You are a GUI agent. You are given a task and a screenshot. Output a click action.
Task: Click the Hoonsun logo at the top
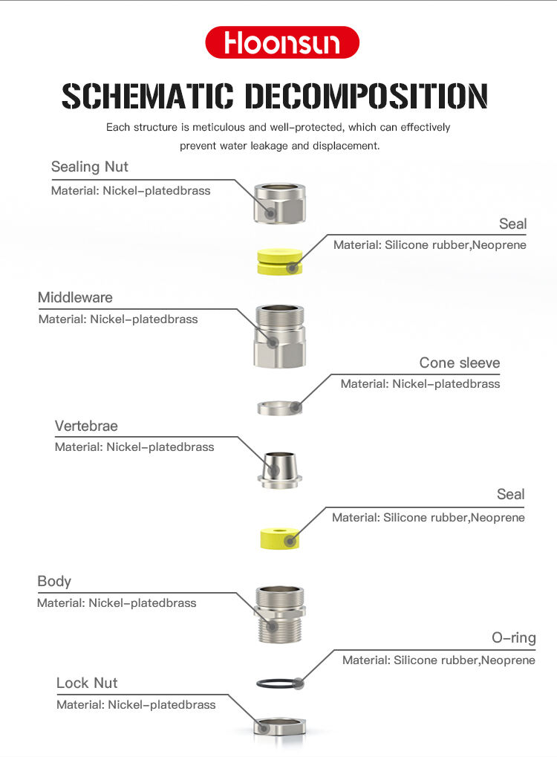(281, 43)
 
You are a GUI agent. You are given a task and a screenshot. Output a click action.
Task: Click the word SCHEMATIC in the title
(146, 97)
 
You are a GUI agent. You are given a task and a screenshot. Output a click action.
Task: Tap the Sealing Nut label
(89, 166)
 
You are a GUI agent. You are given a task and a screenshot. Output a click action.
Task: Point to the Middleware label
(75, 297)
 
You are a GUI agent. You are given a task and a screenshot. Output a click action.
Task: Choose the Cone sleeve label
(459, 363)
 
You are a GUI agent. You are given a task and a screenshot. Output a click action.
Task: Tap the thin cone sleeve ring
(279, 407)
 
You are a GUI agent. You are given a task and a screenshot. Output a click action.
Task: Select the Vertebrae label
(86, 426)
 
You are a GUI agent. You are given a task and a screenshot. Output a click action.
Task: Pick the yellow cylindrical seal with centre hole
(279, 536)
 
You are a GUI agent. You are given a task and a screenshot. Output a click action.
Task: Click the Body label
(54, 581)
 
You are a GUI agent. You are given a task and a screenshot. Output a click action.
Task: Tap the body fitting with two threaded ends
(279, 614)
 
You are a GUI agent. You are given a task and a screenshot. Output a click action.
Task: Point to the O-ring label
(513, 637)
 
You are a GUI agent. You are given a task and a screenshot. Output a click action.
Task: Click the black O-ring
(279, 683)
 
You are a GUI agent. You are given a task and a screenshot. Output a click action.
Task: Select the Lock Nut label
(87, 683)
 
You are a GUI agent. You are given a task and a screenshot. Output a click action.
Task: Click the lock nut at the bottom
(279, 725)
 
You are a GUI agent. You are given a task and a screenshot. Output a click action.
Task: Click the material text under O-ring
(438, 660)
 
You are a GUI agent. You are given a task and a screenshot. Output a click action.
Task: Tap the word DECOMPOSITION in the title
(366, 97)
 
